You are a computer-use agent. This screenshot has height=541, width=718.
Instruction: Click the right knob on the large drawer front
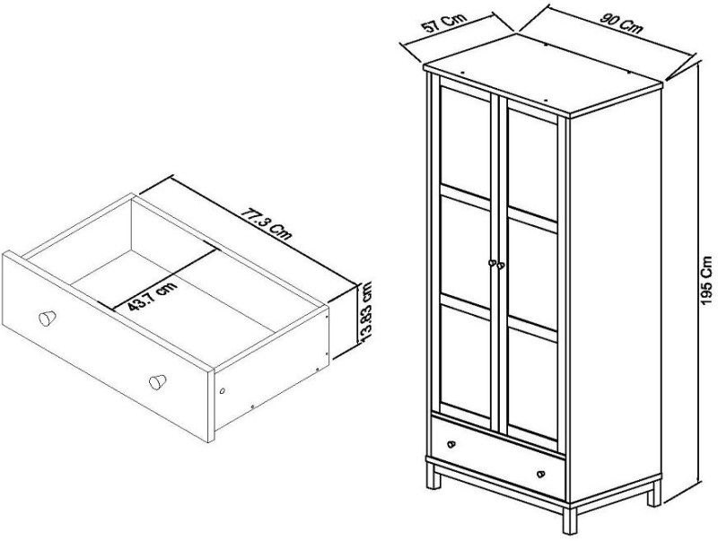(x=158, y=380)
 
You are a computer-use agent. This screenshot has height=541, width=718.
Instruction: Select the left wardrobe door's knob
(x=491, y=263)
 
